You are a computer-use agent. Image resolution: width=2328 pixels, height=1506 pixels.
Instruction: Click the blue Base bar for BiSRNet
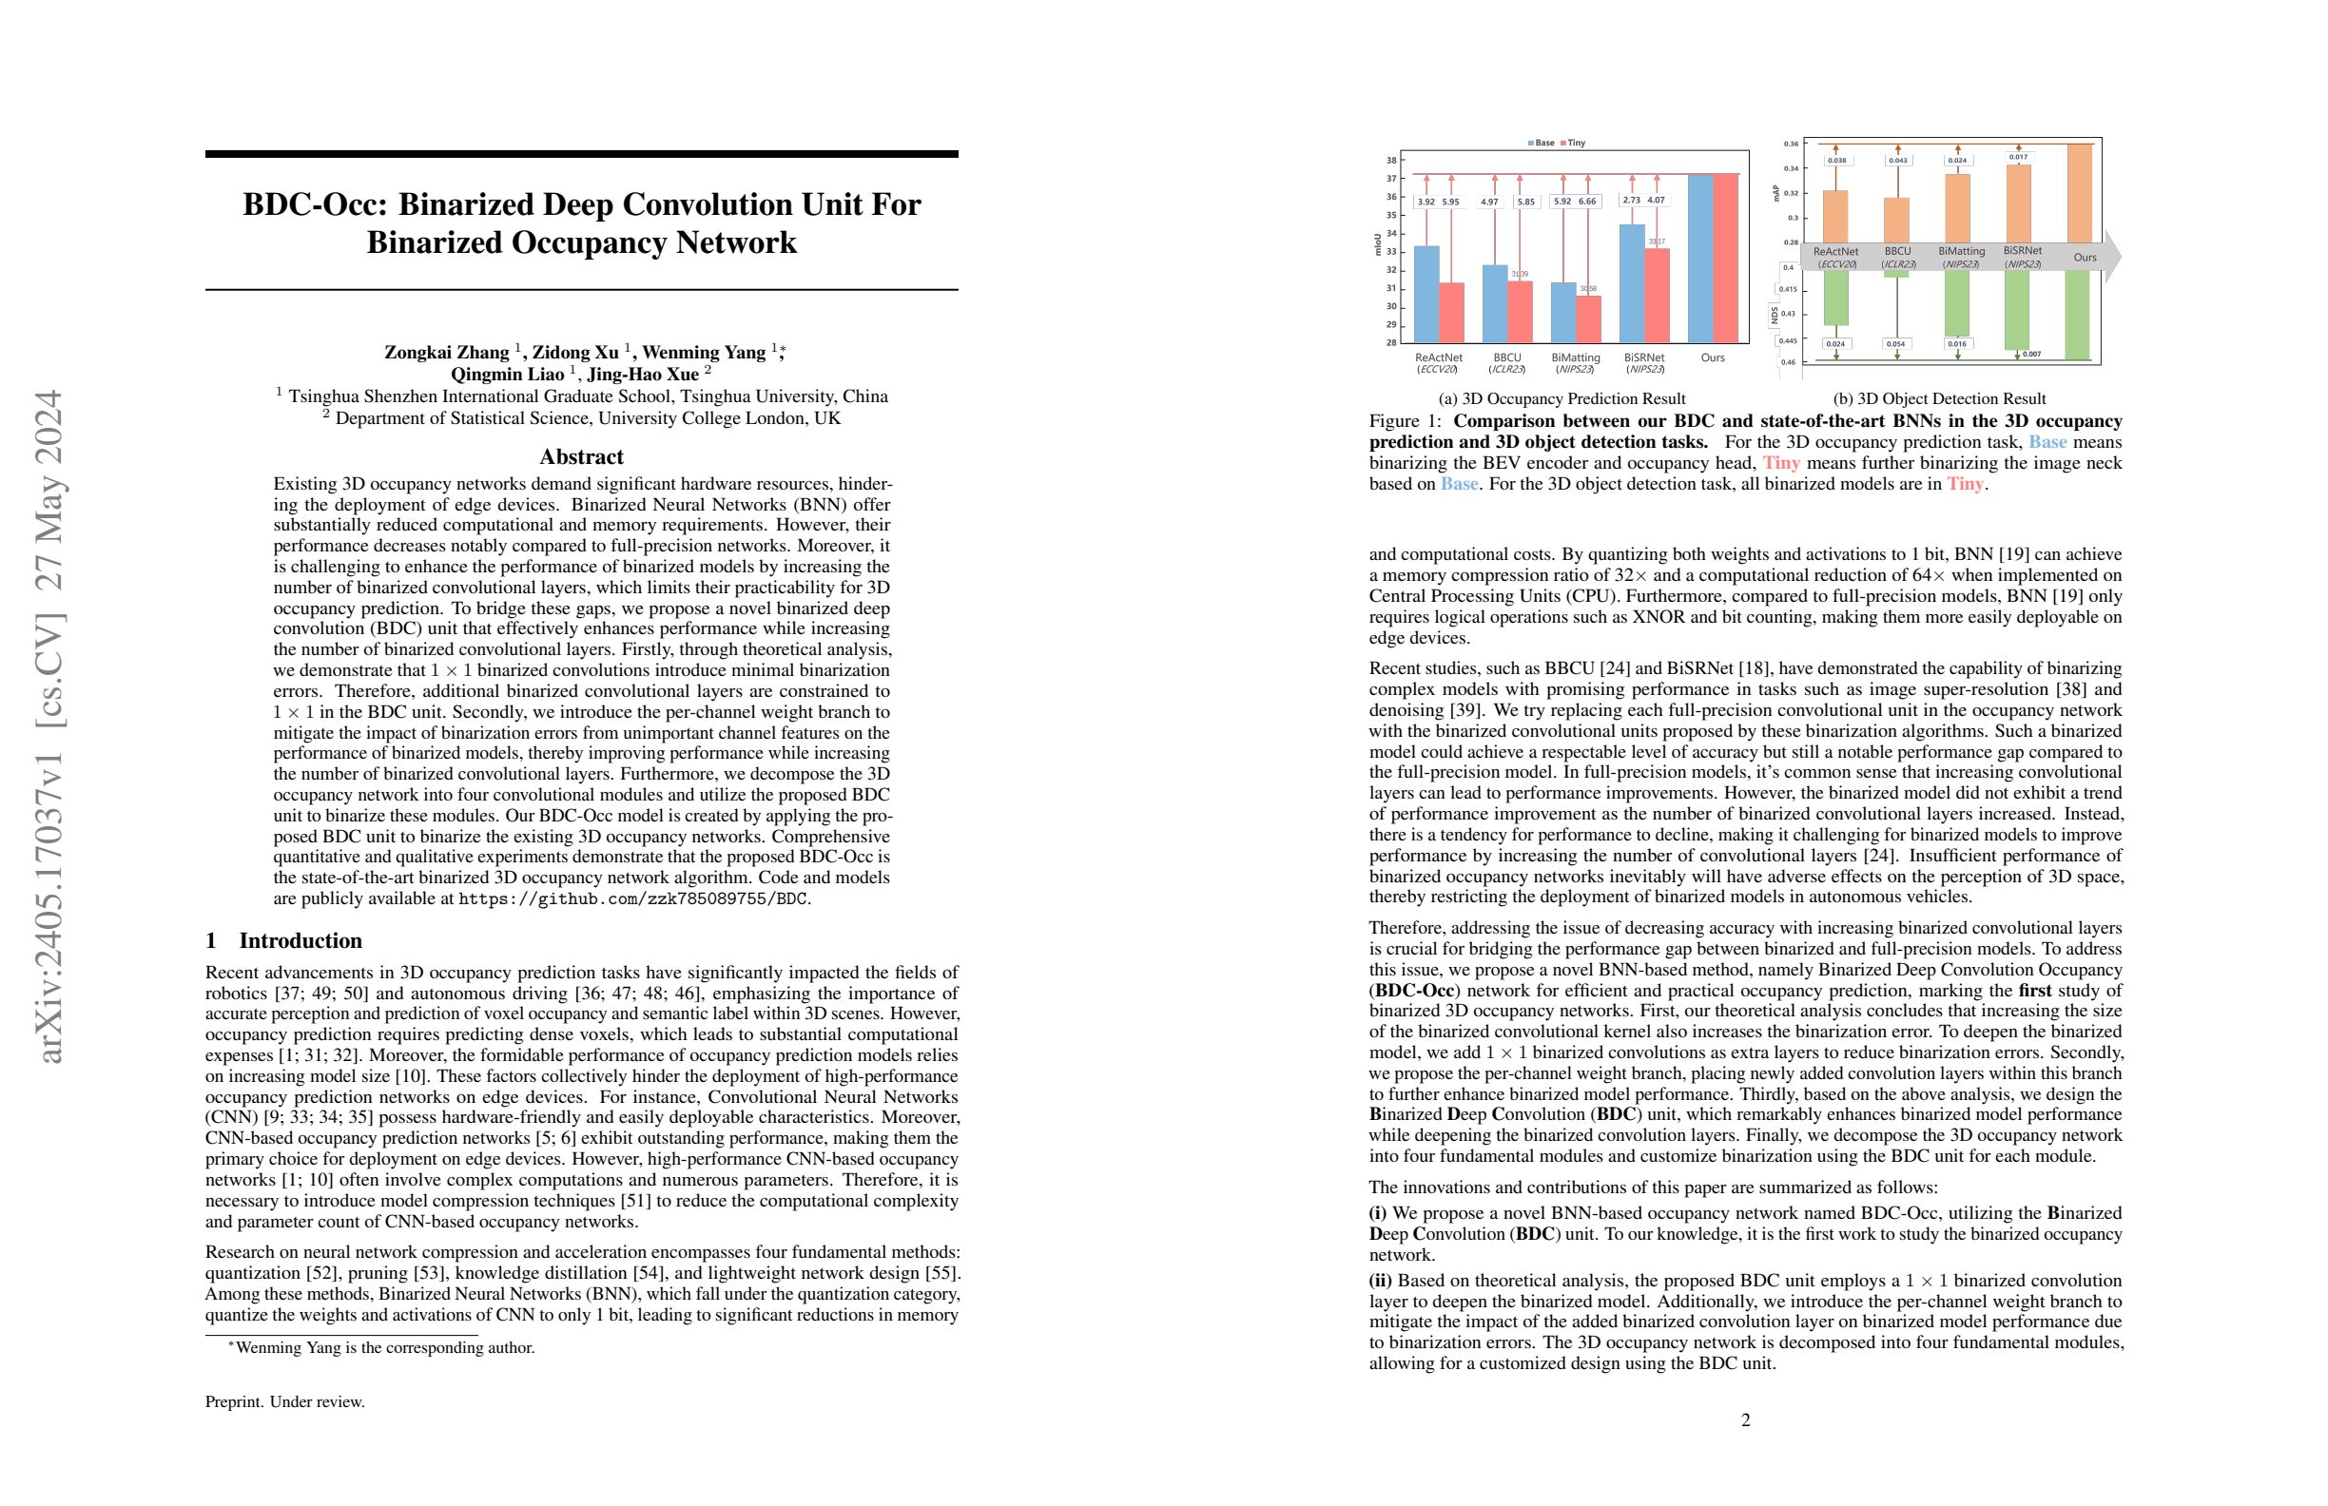click(x=1632, y=283)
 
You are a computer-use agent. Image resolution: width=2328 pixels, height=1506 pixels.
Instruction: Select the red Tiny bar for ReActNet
click(x=1451, y=313)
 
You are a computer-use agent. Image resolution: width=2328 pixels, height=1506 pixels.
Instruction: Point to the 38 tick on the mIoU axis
click(x=1391, y=161)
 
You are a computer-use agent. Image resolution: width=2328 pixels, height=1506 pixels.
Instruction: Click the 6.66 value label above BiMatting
click(x=1586, y=202)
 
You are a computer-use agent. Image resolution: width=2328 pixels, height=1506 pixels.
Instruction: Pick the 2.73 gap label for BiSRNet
click(x=1631, y=200)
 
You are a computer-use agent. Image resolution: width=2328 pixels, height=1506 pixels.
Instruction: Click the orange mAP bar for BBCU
click(x=1896, y=220)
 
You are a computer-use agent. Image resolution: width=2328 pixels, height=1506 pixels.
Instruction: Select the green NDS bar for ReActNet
click(x=1836, y=298)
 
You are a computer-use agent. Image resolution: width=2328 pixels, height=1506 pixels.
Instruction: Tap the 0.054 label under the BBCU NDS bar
click(x=1895, y=344)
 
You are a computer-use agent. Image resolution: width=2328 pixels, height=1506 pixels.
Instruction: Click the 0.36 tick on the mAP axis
click(x=1790, y=144)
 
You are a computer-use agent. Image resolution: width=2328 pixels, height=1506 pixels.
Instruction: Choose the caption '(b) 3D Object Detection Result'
click(x=1939, y=399)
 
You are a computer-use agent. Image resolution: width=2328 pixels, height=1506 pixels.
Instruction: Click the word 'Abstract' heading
click(x=581, y=456)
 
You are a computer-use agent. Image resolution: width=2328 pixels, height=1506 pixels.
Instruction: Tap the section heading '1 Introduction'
click(x=283, y=940)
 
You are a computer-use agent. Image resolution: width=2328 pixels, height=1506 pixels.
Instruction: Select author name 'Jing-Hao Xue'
click(x=643, y=375)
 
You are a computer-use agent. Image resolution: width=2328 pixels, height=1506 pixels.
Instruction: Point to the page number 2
click(x=1745, y=1419)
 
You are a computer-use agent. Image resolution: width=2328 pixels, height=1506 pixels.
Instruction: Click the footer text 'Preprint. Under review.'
click(x=284, y=1401)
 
